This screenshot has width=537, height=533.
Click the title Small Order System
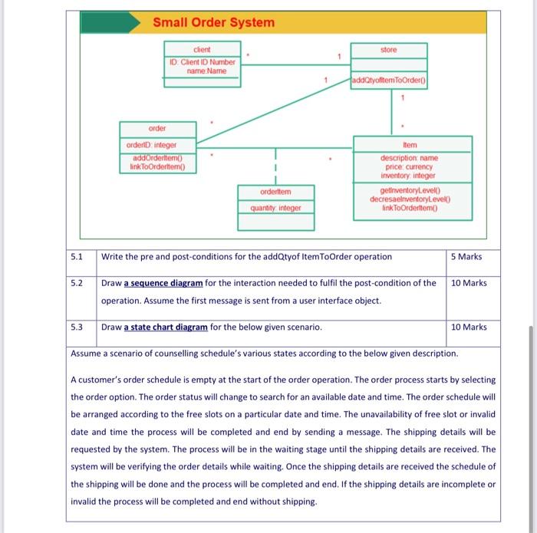click(213, 22)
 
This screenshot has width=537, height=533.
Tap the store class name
click(389, 50)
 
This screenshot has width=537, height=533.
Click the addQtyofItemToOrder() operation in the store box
click(389, 81)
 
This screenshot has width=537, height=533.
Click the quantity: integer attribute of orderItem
click(275, 207)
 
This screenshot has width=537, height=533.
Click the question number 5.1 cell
click(77, 256)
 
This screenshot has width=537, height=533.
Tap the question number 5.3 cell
click(77, 327)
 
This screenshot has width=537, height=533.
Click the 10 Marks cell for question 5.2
click(469, 283)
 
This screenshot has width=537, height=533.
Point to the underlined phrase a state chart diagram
click(165, 327)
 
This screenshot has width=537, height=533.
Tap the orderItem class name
click(275, 192)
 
